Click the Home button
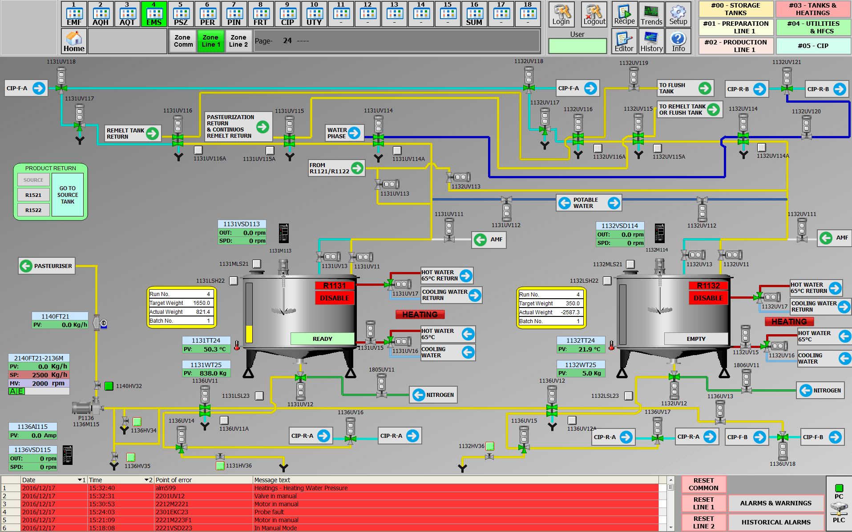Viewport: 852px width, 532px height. point(74,41)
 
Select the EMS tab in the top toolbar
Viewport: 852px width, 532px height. point(154,14)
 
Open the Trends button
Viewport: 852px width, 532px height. point(651,14)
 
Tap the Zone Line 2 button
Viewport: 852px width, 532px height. point(238,41)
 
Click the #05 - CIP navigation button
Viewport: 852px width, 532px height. point(813,46)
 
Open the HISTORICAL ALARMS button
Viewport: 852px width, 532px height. point(776,522)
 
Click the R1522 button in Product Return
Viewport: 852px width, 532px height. point(33,210)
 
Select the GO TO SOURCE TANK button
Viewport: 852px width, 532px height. point(68,195)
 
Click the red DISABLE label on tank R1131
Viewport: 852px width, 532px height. point(335,298)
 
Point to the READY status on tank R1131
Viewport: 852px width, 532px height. point(323,339)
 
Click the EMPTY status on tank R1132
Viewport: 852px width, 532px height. point(696,339)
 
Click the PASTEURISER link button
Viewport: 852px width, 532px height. point(46,266)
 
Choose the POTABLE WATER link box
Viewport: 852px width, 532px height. point(589,203)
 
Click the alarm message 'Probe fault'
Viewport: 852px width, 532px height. point(269,512)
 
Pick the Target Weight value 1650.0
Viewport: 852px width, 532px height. point(202,303)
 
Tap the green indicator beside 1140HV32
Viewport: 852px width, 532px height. point(109,386)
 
